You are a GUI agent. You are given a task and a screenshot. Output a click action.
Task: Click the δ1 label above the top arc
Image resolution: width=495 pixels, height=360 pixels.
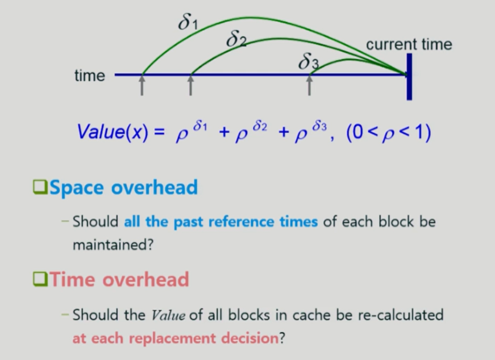(188, 23)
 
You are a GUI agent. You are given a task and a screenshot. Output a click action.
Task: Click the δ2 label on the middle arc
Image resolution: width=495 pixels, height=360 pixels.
(236, 39)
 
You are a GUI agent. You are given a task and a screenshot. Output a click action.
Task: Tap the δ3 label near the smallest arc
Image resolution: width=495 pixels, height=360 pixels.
(309, 61)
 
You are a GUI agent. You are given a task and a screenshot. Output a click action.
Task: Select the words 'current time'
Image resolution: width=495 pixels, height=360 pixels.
(409, 44)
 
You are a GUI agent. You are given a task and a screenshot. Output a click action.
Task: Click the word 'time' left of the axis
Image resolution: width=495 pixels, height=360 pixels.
(90, 76)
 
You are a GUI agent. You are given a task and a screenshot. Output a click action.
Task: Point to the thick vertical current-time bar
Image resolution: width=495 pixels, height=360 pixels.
(409, 77)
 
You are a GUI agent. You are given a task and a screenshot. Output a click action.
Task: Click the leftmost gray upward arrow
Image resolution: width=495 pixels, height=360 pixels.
(142, 85)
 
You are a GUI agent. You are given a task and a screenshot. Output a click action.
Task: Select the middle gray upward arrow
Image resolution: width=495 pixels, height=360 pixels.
(190, 85)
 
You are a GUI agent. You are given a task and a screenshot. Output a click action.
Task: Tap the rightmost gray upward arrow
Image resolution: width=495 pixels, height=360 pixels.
(309, 85)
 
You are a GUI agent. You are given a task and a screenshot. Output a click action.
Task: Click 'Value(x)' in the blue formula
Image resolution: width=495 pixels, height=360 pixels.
(113, 131)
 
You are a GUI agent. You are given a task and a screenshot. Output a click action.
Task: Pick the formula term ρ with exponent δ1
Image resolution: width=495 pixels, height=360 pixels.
(191, 131)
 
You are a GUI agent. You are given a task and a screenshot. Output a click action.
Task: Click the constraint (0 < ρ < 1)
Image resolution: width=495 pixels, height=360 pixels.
(388, 132)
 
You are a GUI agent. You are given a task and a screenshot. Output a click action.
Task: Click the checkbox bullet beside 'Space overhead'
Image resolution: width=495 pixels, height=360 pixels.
(40, 187)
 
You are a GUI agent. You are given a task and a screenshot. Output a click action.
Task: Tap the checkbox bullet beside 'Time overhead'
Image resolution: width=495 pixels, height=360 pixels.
(40, 279)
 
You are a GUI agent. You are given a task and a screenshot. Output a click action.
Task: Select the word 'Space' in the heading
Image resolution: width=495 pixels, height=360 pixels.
(77, 188)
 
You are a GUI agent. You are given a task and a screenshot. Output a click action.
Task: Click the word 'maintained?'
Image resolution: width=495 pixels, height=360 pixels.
(113, 245)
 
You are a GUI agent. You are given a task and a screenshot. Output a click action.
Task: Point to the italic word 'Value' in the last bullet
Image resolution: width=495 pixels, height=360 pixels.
(168, 315)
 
